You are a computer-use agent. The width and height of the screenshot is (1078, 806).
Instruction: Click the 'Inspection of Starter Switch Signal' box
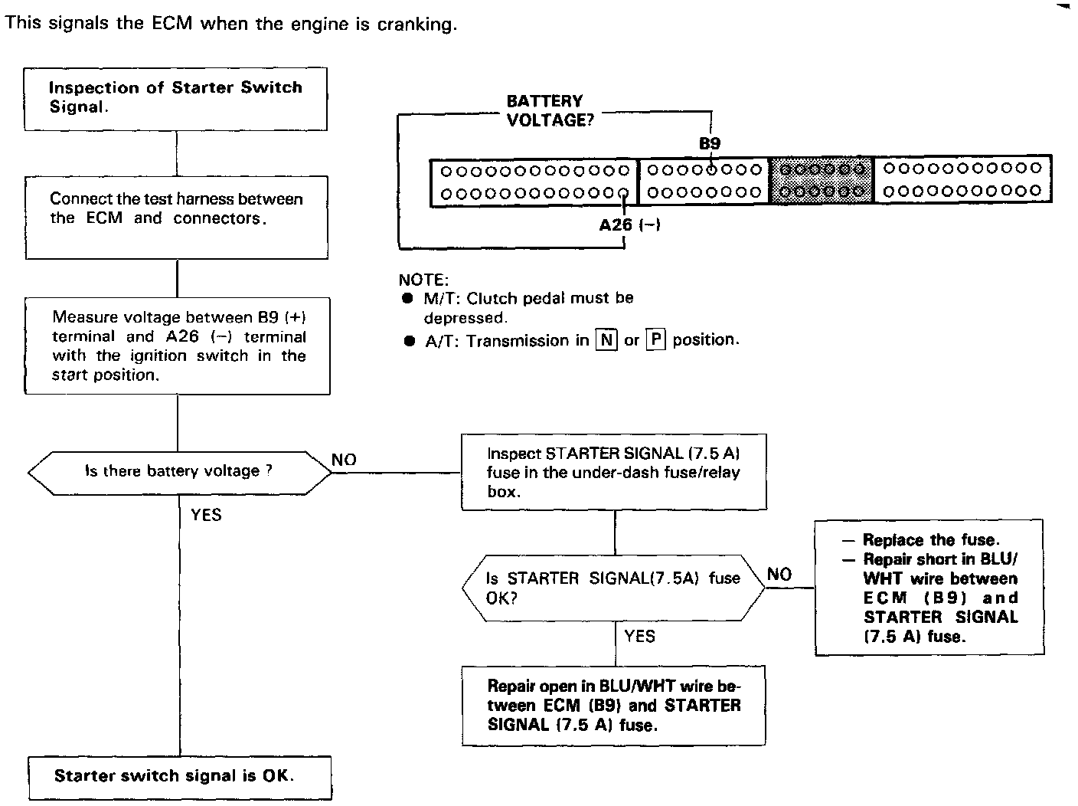point(175,98)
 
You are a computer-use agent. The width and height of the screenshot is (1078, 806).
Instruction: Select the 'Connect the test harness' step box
point(177,217)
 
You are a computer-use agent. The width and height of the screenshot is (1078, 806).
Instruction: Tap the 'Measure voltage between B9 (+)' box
point(178,346)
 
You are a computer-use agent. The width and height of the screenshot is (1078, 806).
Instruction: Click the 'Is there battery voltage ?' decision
point(179,471)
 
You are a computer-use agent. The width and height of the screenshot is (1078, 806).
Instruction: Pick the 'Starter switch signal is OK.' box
point(180,776)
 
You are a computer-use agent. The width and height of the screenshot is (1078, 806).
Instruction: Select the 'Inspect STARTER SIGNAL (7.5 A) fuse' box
point(613,472)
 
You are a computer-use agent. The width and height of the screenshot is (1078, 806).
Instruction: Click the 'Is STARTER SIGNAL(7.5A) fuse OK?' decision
point(613,588)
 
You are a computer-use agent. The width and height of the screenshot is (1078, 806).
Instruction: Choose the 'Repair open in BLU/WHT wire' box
point(613,706)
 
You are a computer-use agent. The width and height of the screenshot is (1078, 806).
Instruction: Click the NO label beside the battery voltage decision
point(345,460)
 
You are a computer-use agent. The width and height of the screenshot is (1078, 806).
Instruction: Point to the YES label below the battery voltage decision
point(206,515)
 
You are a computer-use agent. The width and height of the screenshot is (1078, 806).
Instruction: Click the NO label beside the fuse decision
point(779,575)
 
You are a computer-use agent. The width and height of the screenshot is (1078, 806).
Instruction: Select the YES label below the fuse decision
point(639,636)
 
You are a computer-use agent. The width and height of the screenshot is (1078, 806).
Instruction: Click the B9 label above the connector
point(710,143)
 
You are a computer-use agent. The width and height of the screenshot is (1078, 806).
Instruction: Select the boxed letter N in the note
point(606,340)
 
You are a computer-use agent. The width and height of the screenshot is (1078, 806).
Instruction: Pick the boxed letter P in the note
point(655,340)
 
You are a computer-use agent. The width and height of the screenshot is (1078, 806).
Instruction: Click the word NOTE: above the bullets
point(423,280)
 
